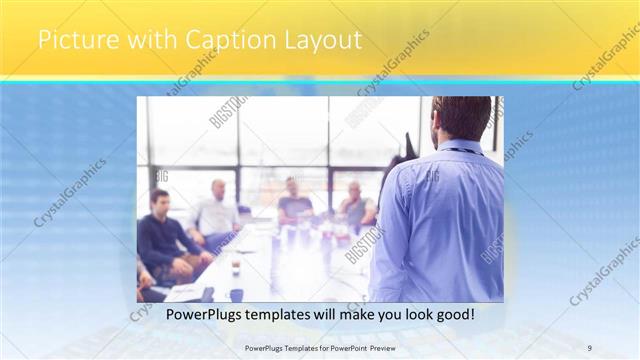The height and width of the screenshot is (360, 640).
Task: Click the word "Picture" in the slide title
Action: [x=72, y=41]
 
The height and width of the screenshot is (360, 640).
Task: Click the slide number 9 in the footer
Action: [x=590, y=347]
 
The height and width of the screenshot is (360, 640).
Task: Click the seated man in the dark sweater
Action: [x=165, y=240]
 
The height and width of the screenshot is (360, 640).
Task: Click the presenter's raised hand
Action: [x=407, y=148]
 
